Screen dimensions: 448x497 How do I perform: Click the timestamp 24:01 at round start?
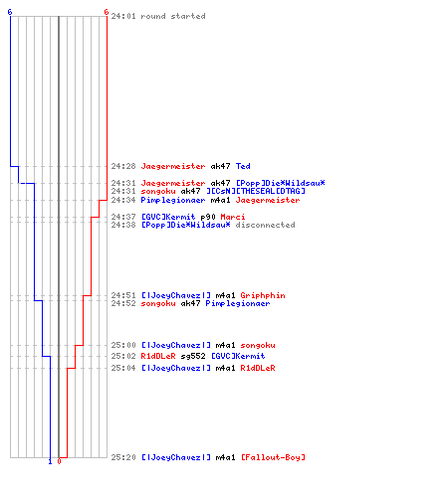click(x=123, y=16)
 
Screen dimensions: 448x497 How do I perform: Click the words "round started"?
click(x=173, y=16)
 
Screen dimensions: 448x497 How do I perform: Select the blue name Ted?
click(x=243, y=166)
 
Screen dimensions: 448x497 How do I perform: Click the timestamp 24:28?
click(x=123, y=166)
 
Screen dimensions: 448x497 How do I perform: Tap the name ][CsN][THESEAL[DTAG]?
click(x=256, y=191)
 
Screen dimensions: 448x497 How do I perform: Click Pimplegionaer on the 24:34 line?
click(x=173, y=200)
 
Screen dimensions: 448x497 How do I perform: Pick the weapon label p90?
click(x=208, y=217)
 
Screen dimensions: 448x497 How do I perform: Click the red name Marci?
click(x=233, y=217)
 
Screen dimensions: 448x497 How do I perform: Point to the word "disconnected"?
click(x=266, y=225)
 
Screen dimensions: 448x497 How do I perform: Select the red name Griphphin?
click(x=263, y=295)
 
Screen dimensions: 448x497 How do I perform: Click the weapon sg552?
click(x=193, y=356)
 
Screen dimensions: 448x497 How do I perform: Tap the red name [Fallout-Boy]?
click(x=273, y=457)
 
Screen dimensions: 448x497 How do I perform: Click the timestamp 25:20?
click(x=123, y=457)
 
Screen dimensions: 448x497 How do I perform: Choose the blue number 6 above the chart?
click(x=10, y=12)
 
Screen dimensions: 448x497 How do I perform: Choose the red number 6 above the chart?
click(x=107, y=12)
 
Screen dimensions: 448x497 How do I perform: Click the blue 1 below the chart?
click(x=51, y=461)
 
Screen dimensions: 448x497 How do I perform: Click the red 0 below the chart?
click(x=59, y=461)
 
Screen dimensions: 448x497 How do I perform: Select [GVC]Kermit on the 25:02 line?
click(x=238, y=356)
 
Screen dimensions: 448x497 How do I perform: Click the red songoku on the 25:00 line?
click(x=258, y=345)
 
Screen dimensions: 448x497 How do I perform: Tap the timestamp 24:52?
click(x=123, y=303)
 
